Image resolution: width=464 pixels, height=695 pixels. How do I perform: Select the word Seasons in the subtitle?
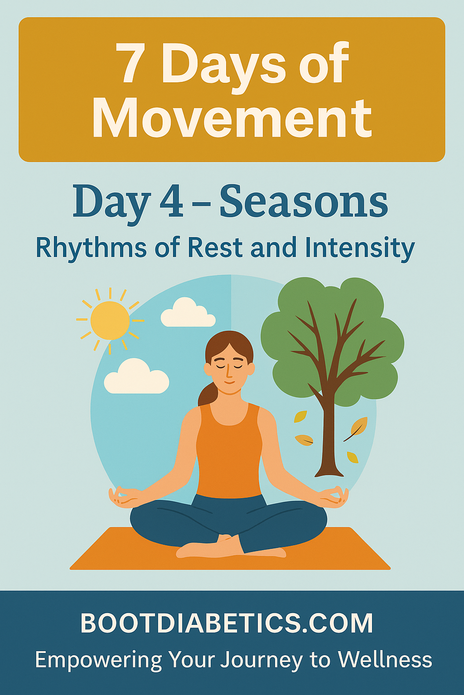click(x=304, y=202)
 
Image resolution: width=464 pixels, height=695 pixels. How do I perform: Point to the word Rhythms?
click(x=91, y=249)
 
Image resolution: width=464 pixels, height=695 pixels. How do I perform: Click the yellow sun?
click(x=110, y=320)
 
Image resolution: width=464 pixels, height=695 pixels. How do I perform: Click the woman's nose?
click(x=228, y=371)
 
